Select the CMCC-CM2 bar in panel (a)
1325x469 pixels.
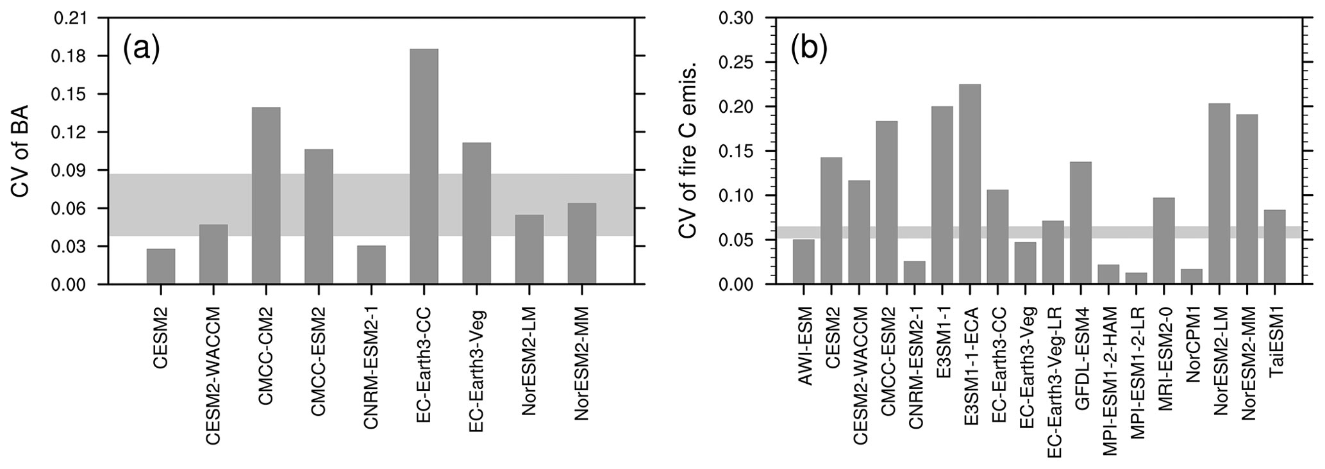coord(266,195)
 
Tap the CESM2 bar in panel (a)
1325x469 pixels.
coord(161,267)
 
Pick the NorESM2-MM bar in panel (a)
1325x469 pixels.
coord(581,243)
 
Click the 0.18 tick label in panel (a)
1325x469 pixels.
coord(73,56)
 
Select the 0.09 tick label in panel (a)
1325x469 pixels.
coord(73,170)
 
